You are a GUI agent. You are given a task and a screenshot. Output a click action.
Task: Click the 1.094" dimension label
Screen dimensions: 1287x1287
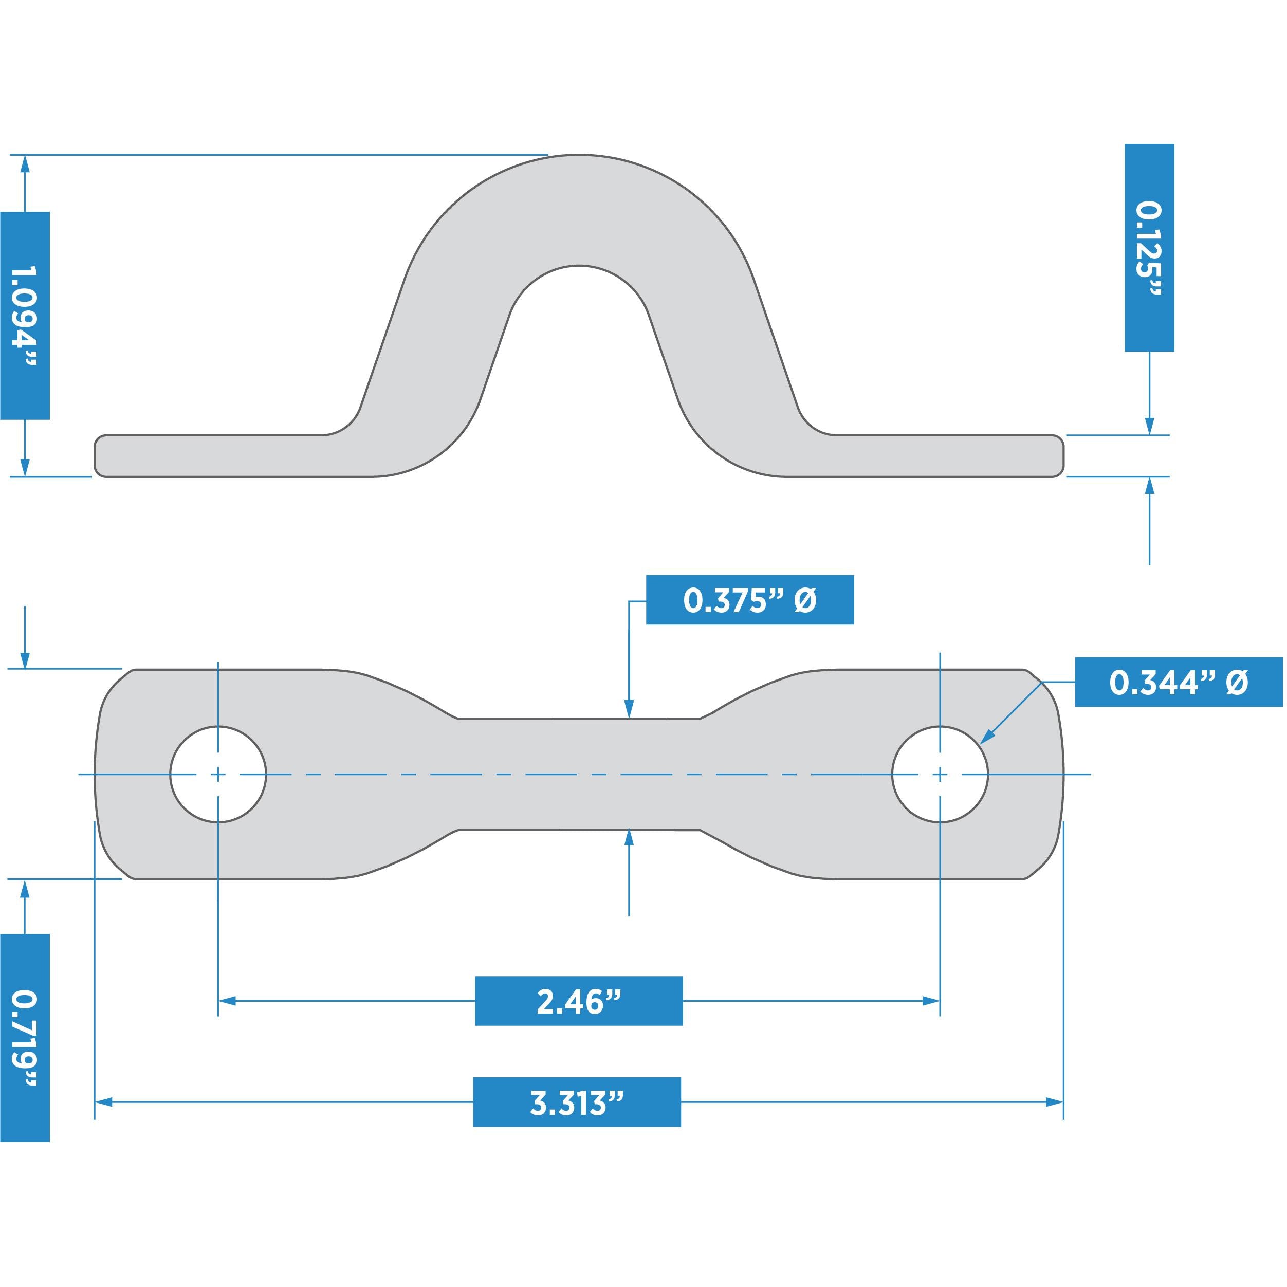[x=25, y=316]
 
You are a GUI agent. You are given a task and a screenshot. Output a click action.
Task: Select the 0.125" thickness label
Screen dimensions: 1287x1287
[x=1149, y=248]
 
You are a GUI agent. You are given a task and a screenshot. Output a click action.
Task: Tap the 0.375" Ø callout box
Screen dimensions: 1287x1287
[x=749, y=600]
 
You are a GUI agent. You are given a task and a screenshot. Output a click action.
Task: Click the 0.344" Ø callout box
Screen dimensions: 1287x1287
[x=1179, y=682]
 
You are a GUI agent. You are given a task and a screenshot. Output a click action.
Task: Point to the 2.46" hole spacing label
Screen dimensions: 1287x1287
[x=578, y=1001]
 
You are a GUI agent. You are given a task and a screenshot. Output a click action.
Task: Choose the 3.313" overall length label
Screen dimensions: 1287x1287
[x=577, y=1102]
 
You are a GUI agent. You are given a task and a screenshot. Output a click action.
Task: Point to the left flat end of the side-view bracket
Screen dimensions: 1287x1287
[x=200, y=456]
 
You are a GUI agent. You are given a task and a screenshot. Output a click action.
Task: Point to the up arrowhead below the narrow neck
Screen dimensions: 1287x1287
[x=629, y=838]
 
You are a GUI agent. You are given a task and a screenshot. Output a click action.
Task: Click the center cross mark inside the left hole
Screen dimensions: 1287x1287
[x=218, y=774]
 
